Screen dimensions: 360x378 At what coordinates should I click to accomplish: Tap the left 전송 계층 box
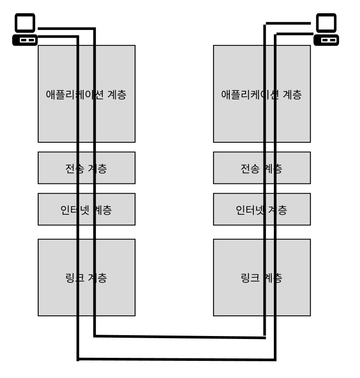pos(56,168)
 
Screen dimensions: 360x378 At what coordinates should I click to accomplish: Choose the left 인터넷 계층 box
pos(56,209)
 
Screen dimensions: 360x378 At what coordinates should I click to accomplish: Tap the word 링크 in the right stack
pos(250,277)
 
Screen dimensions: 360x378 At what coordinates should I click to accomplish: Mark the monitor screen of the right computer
pos(326,24)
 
